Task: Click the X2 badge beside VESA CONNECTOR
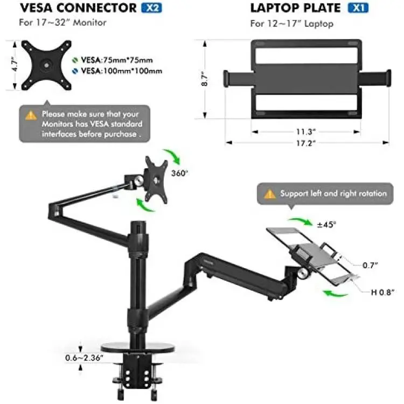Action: click(x=151, y=8)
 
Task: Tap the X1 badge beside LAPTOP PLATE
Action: click(x=358, y=8)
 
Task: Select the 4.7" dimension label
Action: click(x=15, y=64)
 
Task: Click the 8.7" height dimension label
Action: click(x=205, y=79)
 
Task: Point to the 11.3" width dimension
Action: click(x=306, y=131)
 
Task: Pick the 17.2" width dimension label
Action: click(x=306, y=143)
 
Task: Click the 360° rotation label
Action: click(x=179, y=173)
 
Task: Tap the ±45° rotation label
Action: click(x=326, y=225)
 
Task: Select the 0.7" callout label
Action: click(x=370, y=265)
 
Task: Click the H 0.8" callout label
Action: click(x=382, y=292)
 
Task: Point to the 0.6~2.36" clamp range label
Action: click(x=84, y=358)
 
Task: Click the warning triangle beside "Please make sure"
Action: click(x=31, y=115)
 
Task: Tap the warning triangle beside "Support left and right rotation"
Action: click(x=269, y=194)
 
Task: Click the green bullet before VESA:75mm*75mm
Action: click(x=75, y=60)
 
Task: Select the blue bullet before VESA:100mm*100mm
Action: click(x=75, y=71)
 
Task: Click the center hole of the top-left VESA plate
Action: click(x=46, y=65)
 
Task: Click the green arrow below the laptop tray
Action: click(x=335, y=293)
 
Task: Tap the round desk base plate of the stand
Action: click(x=138, y=348)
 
